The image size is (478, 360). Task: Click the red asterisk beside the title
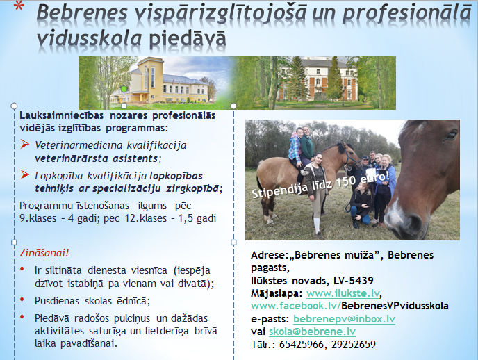[19, 6]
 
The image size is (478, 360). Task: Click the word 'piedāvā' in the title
[188, 39]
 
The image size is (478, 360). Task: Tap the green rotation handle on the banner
[124, 89]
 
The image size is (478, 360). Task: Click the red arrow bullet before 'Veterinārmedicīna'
[25, 144]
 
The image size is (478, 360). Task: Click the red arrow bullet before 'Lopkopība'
[25, 175]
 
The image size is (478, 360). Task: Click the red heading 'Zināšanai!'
[44, 253]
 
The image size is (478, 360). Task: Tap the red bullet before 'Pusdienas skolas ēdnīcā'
[22, 300]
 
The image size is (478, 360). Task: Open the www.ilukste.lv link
[343, 293]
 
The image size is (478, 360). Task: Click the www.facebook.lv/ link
[296, 306]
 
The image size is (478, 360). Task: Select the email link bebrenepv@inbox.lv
[344, 319]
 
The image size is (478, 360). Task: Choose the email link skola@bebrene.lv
[312, 332]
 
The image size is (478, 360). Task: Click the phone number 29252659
[354, 345]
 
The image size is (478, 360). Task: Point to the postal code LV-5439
[354, 281]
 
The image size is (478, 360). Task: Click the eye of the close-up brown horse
[450, 136]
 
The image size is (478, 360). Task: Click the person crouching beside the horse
[361, 205]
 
